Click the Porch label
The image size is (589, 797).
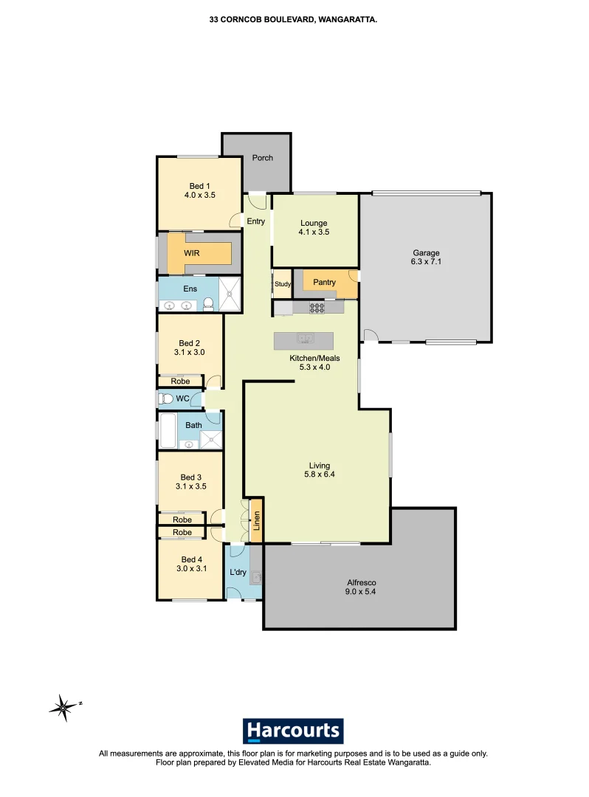pyautogui.click(x=262, y=158)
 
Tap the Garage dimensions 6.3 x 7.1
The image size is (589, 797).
pyautogui.click(x=427, y=262)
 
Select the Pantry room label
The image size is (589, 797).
pyautogui.click(x=324, y=283)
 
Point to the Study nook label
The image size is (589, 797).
pyautogui.click(x=282, y=283)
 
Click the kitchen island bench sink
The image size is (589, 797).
pyautogui.click(x=305, y=339)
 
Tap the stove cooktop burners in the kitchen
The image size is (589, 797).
pyautogui.click(x=317, y=307)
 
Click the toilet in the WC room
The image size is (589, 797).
pyautogui.click(x=166, y=399)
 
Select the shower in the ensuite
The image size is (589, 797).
pyautogui.click(x=230, y=294)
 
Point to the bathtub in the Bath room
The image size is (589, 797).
pyautogui.click(x=168, y=430)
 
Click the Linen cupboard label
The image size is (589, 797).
pyautogui.click(x=257, y=522)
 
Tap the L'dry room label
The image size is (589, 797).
pyautogui.click(x=238, y=573)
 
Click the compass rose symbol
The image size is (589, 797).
pyautogui.click(x=63, y=707)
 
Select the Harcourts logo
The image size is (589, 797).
pyautogui.click(x=293, y=731)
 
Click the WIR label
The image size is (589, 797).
pyautogui.click(x=192, y=253)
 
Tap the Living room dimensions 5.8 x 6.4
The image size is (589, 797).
pyautogui.click(x=319, y=475)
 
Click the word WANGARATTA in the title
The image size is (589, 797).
pyautogui.click(x=348, y=22)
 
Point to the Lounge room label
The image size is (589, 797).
pyautogui.click(x=314, y=223)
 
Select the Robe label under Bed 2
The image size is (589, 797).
pyautogui.click(x=180, y=382)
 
